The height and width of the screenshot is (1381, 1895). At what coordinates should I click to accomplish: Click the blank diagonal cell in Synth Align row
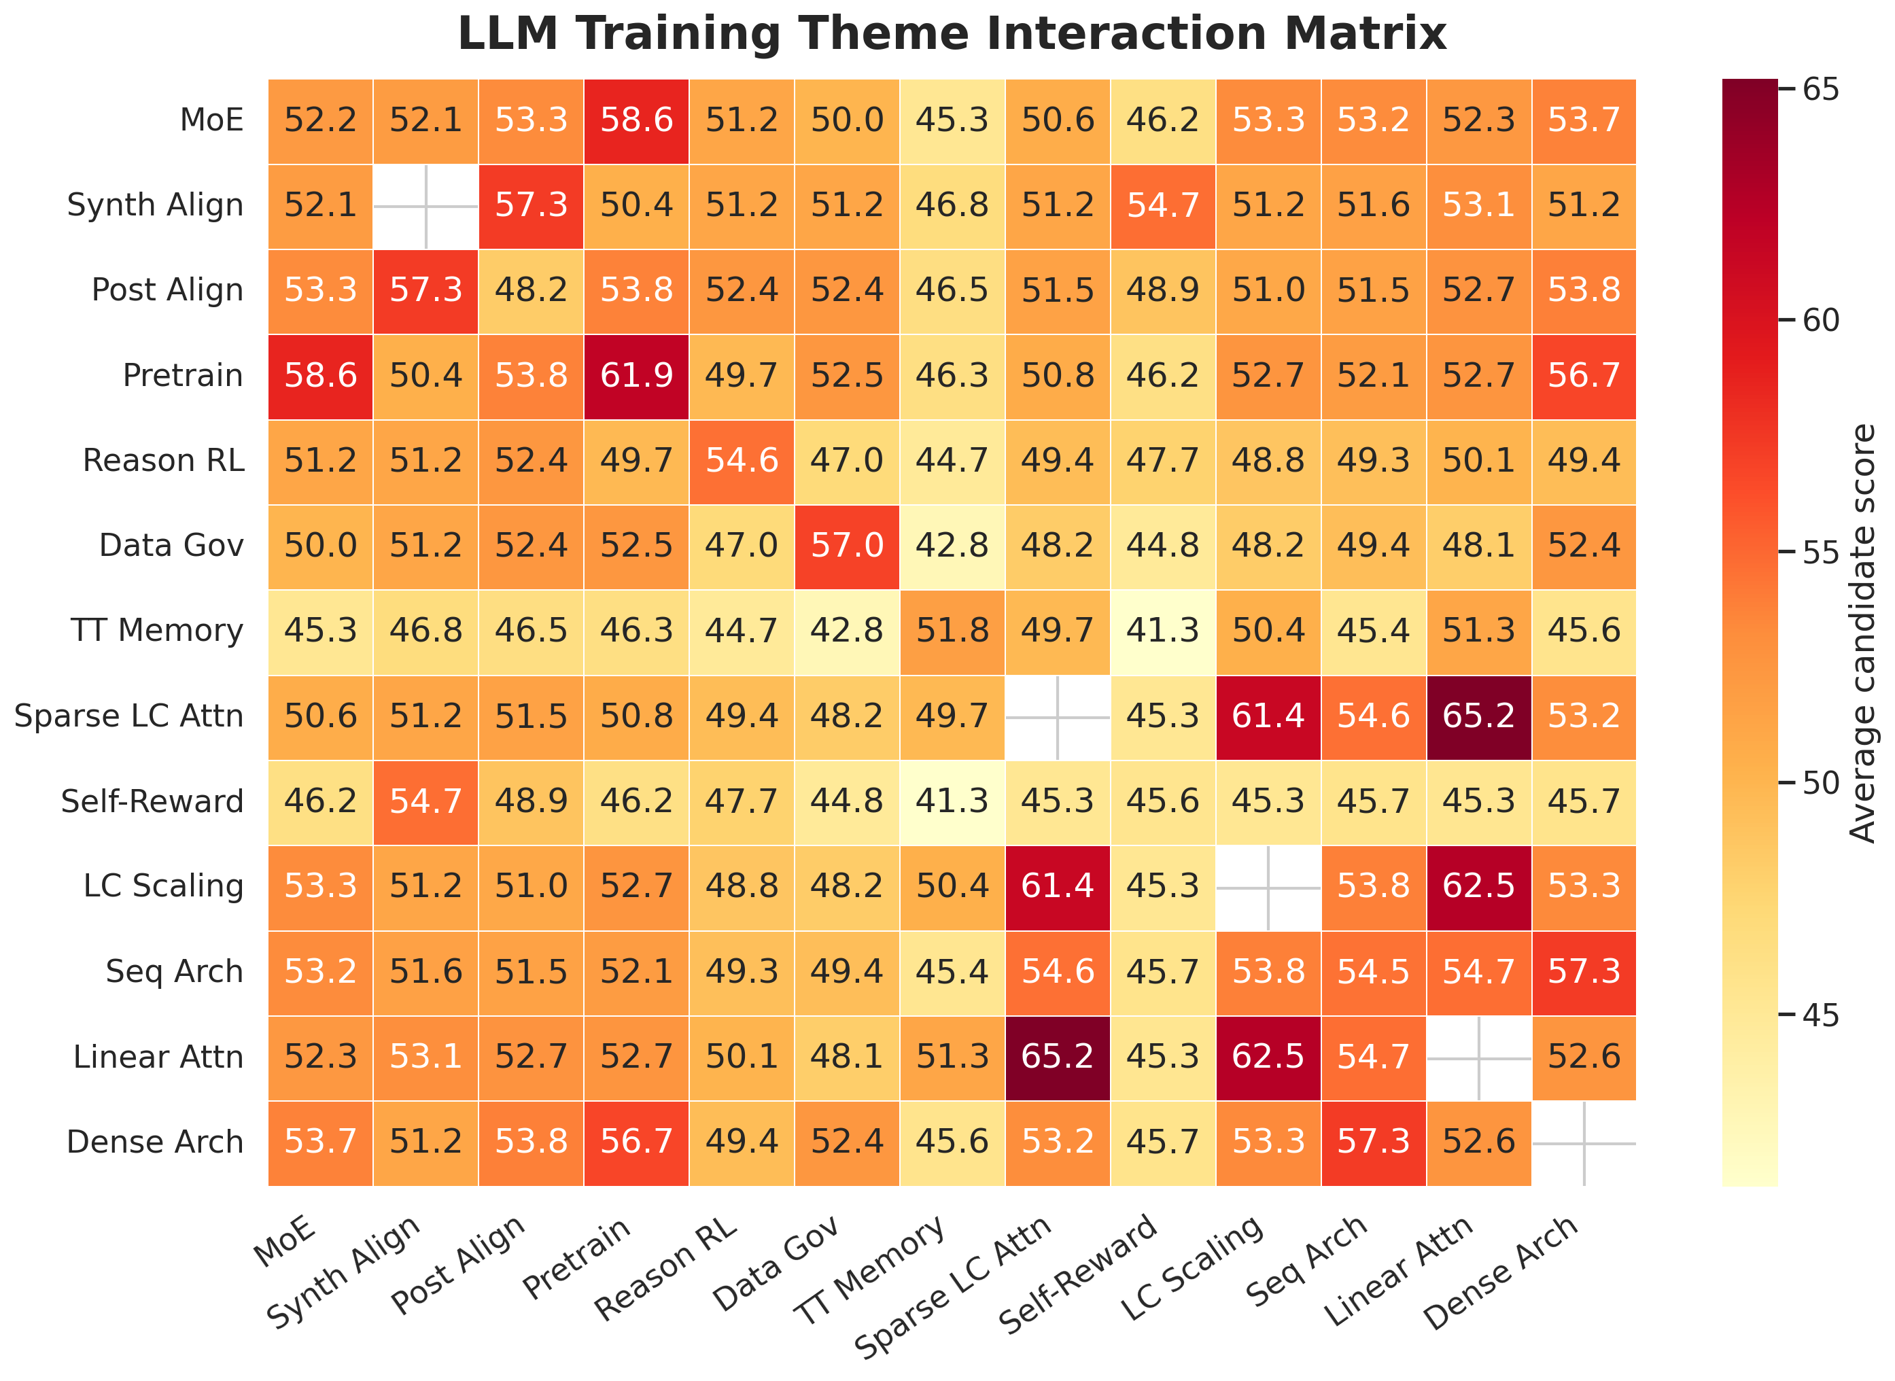point(425,206)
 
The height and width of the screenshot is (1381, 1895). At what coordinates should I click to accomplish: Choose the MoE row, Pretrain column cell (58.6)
point(636,120)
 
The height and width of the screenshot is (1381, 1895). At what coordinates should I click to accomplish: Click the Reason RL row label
point(163,461)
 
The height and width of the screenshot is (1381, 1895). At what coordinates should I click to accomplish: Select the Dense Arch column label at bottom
point(1502,1272)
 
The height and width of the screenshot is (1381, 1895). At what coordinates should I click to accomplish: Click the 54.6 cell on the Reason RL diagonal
point(742,461)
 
